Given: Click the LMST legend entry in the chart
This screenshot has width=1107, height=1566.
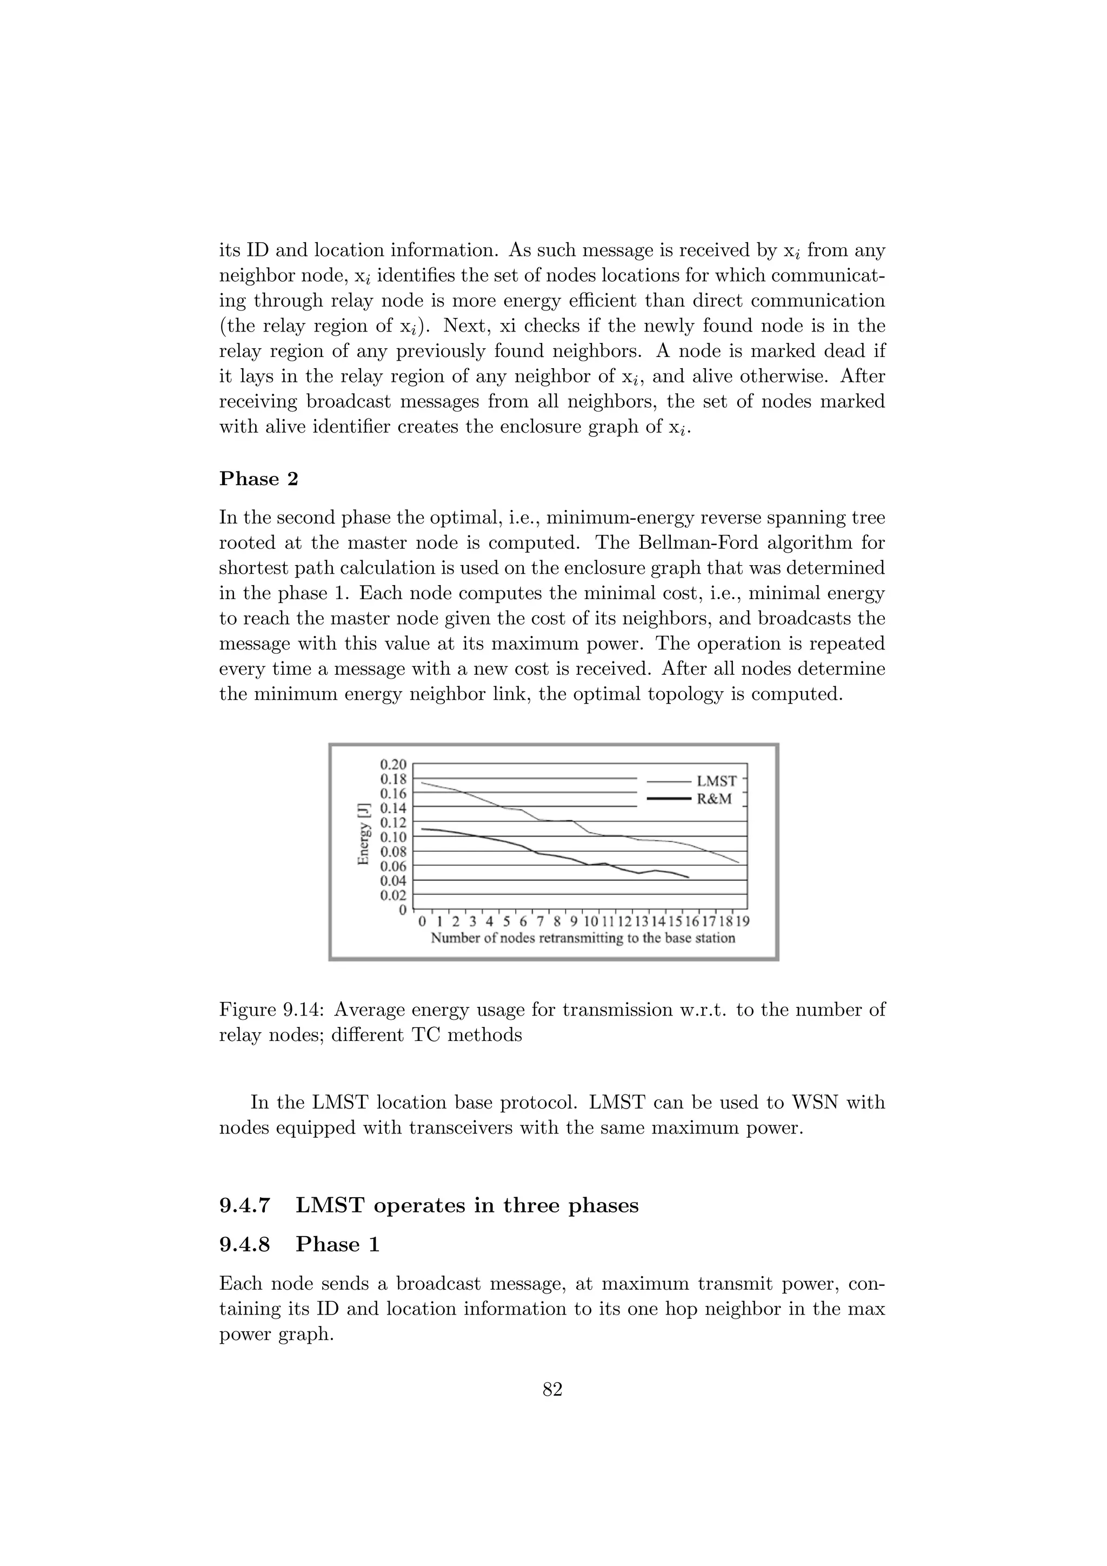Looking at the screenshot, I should tap(716, 781).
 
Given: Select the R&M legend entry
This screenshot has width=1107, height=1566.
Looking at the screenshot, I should tap(713, 799).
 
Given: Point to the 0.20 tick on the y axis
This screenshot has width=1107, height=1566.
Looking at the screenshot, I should tap(394, 764).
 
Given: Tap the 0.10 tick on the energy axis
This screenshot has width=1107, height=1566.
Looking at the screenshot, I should tap(394, 837).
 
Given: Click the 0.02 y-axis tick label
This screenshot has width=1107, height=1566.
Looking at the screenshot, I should tap(394, 895).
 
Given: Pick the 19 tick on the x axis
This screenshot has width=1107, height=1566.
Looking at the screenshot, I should tap(742, 921).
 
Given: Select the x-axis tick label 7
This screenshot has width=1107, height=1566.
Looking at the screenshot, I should tap(541, 921).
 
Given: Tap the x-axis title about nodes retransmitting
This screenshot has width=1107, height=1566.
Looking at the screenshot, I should tap(583, 939).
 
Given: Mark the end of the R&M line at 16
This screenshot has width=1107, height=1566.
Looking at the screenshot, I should tap(689, 878).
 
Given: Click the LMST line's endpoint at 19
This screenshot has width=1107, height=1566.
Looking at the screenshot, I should tap(739, 863).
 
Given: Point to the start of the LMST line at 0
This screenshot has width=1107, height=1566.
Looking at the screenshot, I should tap(423, 783).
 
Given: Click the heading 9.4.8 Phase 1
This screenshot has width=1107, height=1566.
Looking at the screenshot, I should tap(299, 1245).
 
